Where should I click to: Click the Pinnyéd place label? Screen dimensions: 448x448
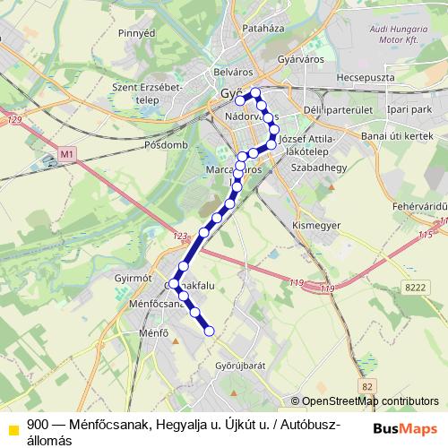tap(137, 33)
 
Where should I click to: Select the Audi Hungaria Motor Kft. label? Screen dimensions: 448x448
tap(394, 35)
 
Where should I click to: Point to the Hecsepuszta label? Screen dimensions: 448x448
tap(366, 78)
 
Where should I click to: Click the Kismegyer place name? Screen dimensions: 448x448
tap(317, 226)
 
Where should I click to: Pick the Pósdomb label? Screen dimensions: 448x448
tap(167, 143)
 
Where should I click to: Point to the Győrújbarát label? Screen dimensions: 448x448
tap(241, 366)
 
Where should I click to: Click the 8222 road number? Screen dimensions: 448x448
tap(416, 286)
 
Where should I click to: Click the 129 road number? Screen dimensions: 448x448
tap(12, 119)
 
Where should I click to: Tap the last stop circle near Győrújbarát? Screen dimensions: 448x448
tap(210, 332)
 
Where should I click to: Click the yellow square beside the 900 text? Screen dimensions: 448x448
tap(13, 426)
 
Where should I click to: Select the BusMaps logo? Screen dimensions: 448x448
tap(404, 426)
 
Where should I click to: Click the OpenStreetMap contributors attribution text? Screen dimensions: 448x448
tap(370, 401)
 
